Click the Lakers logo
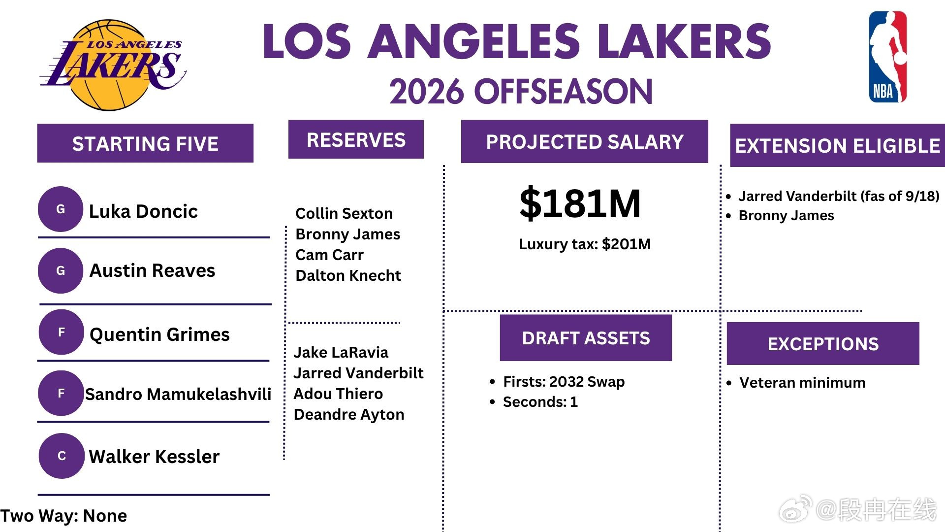click(x=113, y=65)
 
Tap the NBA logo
click(x=887, y=57)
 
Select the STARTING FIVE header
click(x=145, y=143)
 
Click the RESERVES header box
click(x=356, y=139)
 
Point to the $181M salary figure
click(x=580, y=203)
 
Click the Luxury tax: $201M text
click(x=585, y=244)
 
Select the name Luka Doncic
click(x=143, y=211)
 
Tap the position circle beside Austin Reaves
click(x=61, y=271)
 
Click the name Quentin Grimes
click(x=159, y=334)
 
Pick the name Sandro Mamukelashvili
click(x=178, y=394)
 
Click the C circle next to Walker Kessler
click(x=62, y=456)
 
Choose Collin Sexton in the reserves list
click(x=344, y=213)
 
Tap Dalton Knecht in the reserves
click(x=348, y=275)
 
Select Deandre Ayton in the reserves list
click(x=349, y=415)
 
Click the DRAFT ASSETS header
click(x=586, y=338)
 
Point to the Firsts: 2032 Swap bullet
click(x=564, y=382)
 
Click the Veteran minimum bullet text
click(x=802, y=383)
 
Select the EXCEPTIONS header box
click(x=823, y=344)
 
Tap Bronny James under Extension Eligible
click(x=787, y=216)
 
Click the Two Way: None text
click(x=63, y=516)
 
